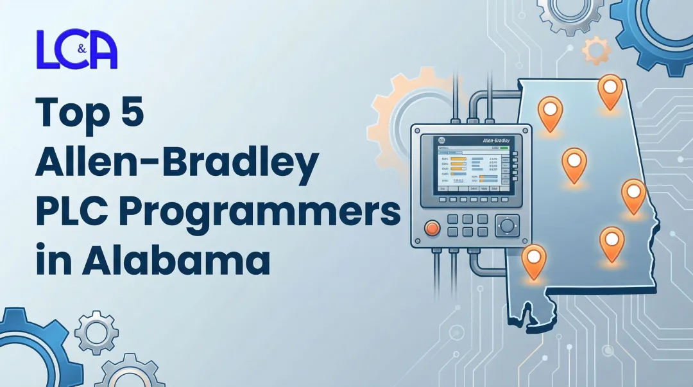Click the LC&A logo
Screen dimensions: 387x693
[x=77, y=49]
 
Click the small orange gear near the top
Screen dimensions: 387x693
[x=596, y=49]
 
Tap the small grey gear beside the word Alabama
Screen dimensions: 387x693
[x=96, y=332]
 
